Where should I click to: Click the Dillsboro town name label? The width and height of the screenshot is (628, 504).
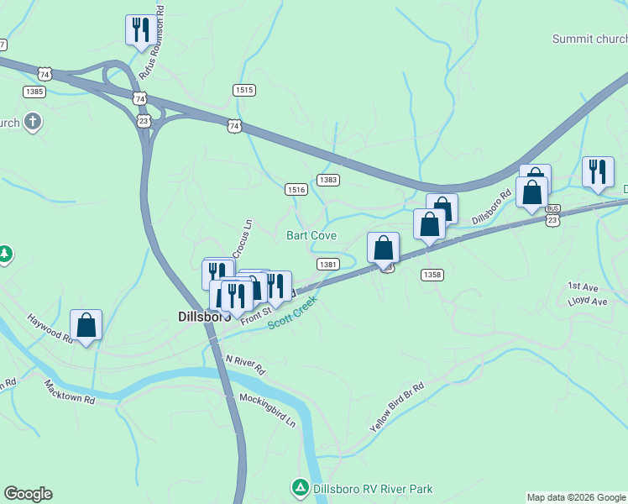click(x=204, y=317)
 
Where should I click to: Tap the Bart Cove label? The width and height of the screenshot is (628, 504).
click(x=311, y=235)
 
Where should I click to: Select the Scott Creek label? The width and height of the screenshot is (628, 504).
click(x=293, y=312)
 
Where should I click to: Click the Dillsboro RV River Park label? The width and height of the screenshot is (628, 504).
click(x=373, y=488)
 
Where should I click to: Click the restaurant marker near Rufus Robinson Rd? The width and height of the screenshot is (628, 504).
click(x=139, y=29)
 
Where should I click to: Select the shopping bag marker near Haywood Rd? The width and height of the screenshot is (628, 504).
click(x=86, y=326)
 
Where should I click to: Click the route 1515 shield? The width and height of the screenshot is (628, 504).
click(x=244, y=90)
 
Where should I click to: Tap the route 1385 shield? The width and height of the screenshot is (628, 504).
click(x=34, y=91)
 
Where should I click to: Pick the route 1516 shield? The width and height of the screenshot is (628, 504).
click(x=295, y=190)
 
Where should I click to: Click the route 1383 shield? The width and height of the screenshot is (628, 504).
click(x=328, y=180)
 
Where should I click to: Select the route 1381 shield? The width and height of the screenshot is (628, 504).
click(x=328, y=264)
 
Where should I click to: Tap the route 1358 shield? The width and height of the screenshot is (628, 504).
click(x=432, y=275)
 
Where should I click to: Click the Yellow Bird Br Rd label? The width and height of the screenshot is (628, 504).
click(x=397, y=407)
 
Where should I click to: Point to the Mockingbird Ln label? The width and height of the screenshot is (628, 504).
click(x=268, y=409)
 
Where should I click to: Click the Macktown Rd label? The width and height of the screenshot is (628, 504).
click(x=70, y=392)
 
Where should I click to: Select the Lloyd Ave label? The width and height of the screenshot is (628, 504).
click(x=587, y=301)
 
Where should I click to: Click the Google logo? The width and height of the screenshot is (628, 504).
click(x=28, y=494)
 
